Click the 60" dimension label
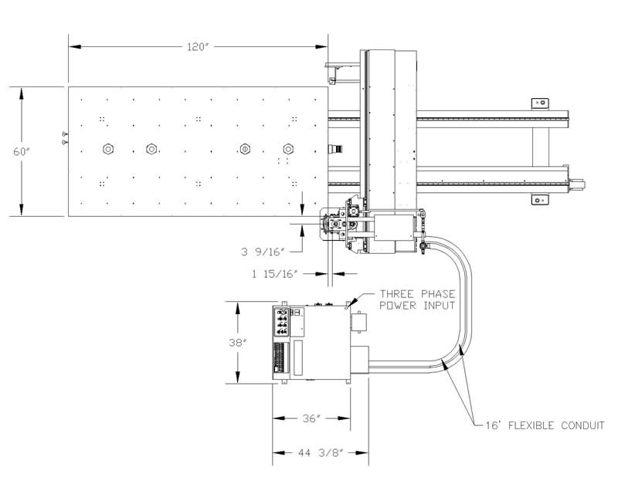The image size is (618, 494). [x=22, y=151]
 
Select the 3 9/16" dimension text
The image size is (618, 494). [x=263, y=252]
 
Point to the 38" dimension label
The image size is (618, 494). [x=238, y=343]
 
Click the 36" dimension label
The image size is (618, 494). [x=311, y=418]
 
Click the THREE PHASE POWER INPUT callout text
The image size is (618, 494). [x=417, y=299]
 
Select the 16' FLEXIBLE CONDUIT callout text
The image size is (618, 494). [x=545, y=425]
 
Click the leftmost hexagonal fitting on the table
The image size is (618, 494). [x=108, y=149]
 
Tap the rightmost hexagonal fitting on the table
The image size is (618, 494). [x=288, y=149]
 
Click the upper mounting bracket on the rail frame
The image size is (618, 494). [x=540, y=103]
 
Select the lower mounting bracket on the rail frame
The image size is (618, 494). [x=540, y=200]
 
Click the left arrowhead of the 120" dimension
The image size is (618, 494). [x=75, y=47]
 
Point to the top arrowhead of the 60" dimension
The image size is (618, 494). [x=22, y=93]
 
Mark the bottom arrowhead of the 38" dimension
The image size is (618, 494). [x=238, y=376]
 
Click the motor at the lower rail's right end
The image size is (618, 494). [x=576, y=184]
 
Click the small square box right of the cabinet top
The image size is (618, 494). [x=359, y=322]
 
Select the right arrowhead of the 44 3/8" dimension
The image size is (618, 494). [x=362, y=453]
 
